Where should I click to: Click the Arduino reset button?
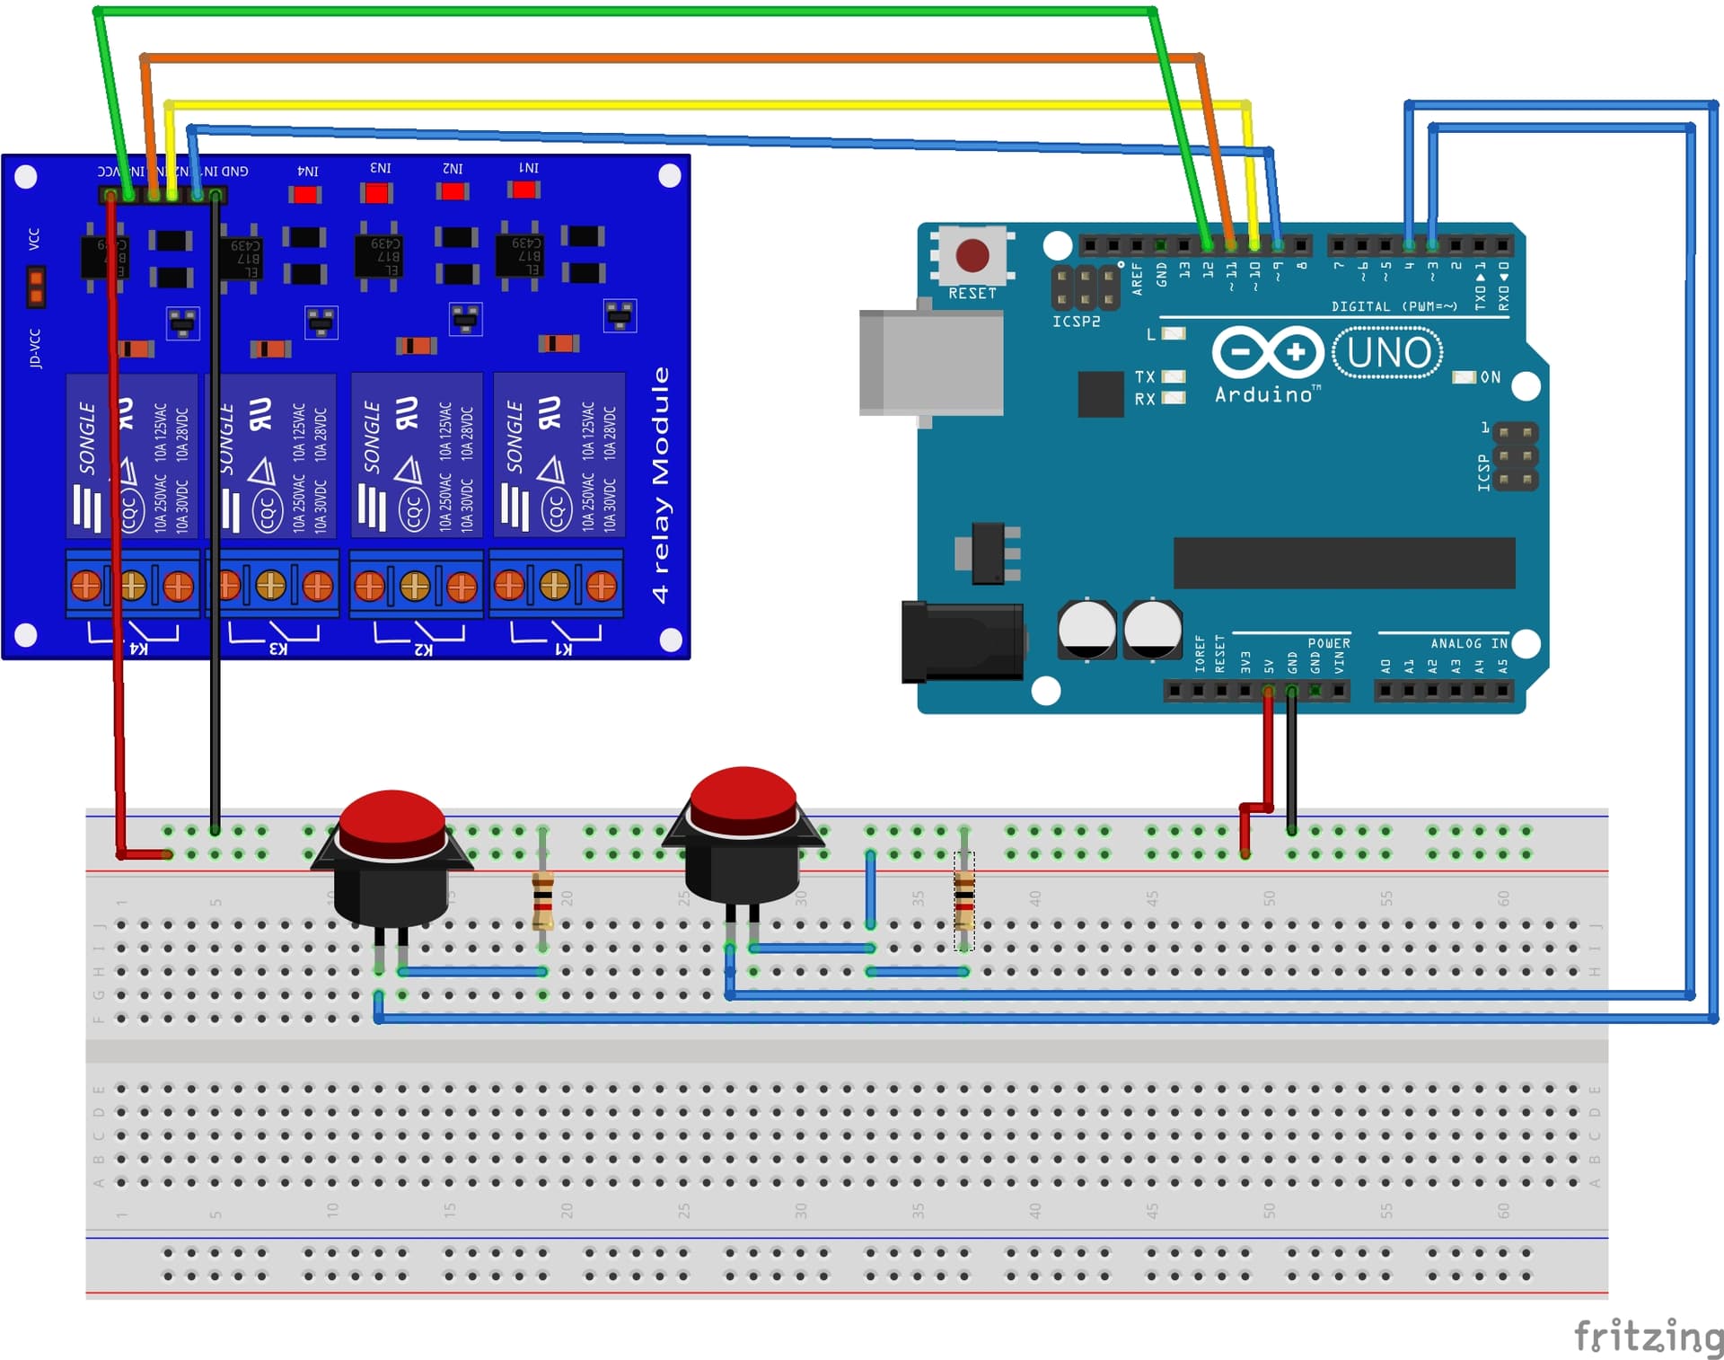972,255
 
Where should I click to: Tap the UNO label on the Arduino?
1388,353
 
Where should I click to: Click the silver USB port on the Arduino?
931,362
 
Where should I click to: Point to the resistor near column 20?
542,900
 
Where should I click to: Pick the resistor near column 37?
963,900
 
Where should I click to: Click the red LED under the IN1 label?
523,190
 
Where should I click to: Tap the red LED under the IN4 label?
304,194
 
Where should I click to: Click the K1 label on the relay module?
562,649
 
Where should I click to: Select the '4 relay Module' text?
661,485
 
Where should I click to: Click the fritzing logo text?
1648,1336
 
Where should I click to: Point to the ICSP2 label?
1076,321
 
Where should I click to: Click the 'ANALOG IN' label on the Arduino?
1468,643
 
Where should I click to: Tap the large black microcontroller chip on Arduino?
1343,562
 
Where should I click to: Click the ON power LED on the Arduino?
1465,377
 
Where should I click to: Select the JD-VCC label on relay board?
35,349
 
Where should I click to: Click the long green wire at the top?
629,12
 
